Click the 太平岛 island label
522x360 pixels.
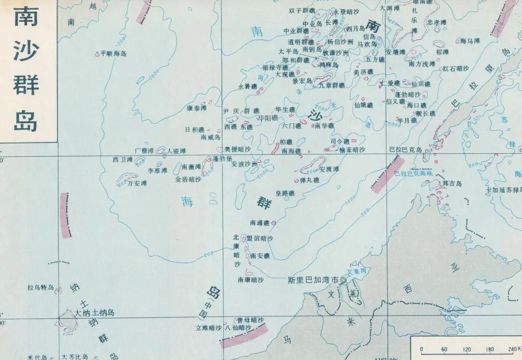click(289, 52)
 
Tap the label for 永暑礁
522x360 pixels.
click(248, 86)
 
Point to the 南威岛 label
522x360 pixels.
click(211, 137)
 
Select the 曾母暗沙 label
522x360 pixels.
click(250, 320)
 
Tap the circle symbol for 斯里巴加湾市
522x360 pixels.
click(344, 280)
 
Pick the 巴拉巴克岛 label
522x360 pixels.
click(406, 149)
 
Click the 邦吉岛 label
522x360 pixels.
click(452, 184)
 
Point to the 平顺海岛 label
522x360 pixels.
click(113, 54)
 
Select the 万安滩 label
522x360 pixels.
click(137, 183)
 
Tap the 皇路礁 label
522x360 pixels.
click(285, 194)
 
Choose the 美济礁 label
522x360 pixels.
click(363, 72)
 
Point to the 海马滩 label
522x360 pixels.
click(470, 41)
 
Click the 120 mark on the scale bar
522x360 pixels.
click(467, 349)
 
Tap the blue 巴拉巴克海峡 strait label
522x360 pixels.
click(413, 173)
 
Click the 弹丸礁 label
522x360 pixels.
click(310, 180)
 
